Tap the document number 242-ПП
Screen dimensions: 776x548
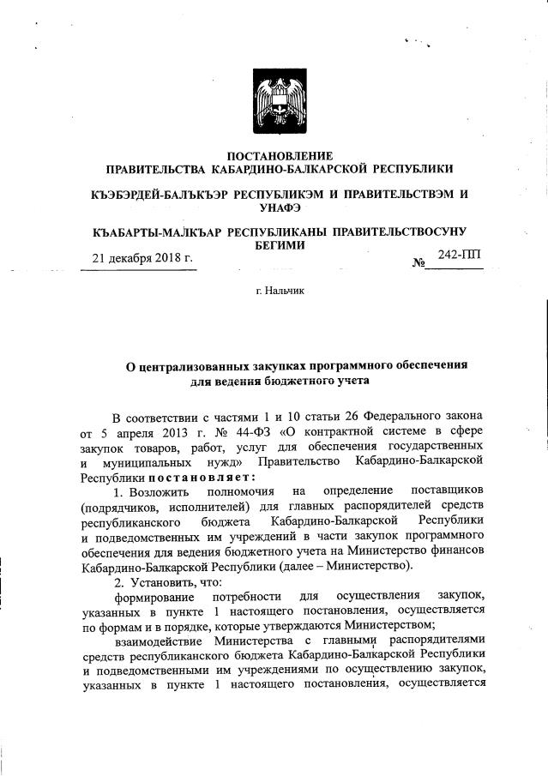(x=460, y=255)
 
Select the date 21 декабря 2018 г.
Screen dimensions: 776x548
(x=143, y=258)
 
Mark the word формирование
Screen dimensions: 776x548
(x=154, y=595)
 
